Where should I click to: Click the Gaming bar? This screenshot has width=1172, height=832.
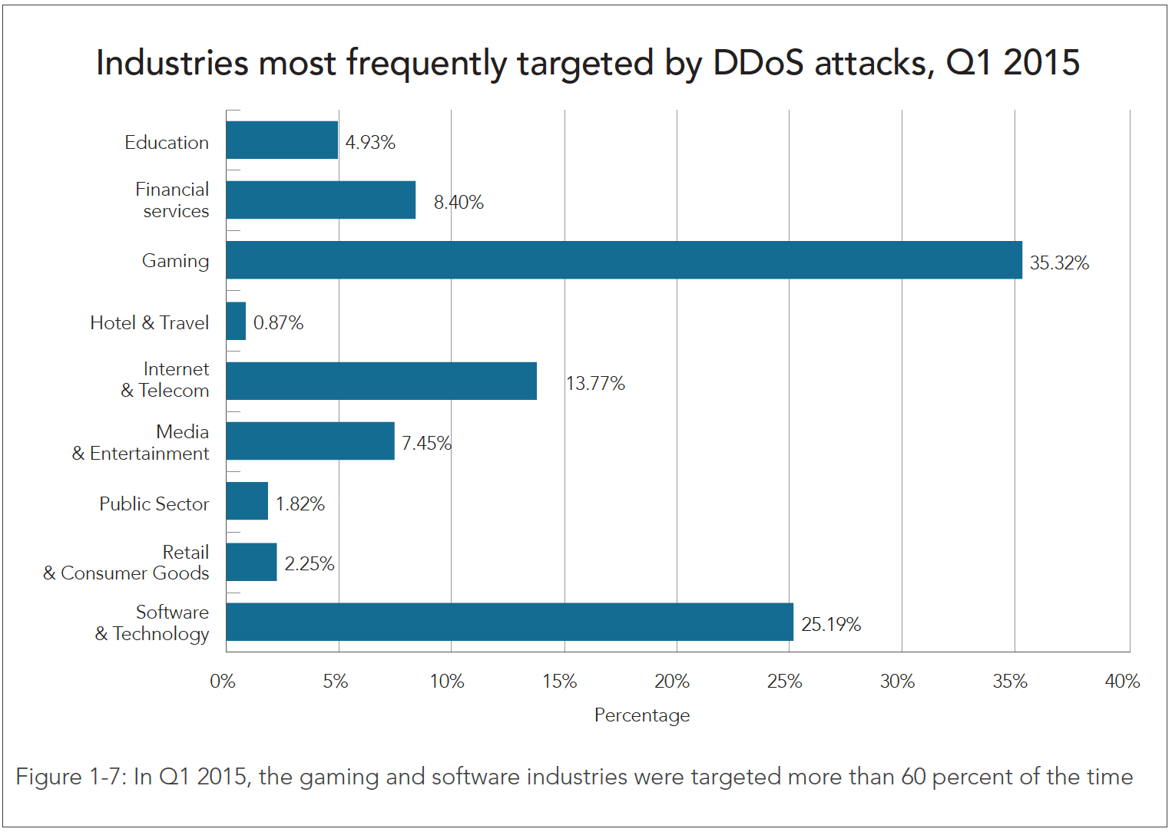pos(624,260)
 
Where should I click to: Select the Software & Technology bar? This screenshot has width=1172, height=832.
pos(509,622)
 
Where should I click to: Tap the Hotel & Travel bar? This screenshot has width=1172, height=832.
pos(236,321)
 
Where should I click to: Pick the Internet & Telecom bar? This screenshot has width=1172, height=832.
pos(381,381)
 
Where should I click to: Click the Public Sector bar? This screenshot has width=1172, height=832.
pos(247,501)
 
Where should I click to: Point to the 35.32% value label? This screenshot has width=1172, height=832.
pos(1059,263)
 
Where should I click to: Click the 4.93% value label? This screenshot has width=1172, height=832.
pos(370,143)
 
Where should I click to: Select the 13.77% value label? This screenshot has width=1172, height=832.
pos(595,384)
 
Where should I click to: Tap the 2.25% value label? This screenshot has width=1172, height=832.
pos(310,564)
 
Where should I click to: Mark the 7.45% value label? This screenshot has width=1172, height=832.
pos(426,444)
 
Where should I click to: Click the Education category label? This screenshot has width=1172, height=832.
pos(167,143)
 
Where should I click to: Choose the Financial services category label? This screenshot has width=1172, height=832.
pos(173,200)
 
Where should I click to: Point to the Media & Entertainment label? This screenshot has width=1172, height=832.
pos(141,443)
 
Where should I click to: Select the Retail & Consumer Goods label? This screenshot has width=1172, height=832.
pos(127,563)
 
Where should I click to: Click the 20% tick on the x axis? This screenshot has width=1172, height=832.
pos(672,682)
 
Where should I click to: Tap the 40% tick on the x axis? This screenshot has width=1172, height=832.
pos(1122,682)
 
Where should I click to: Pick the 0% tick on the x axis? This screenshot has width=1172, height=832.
pos(223,682)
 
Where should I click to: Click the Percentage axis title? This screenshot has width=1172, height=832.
pos(642,715)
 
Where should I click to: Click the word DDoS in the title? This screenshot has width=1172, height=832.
pos(758,63)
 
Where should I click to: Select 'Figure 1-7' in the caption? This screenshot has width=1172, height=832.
pos(70,777)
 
